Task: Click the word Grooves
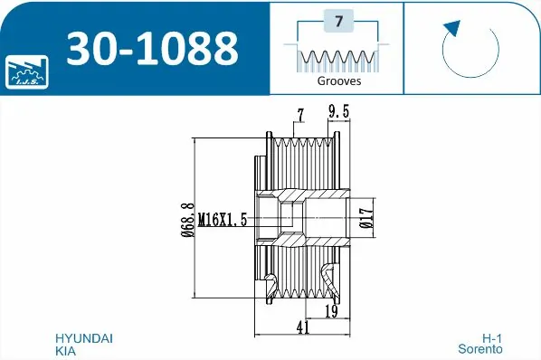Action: point(337,81)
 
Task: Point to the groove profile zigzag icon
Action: point(337,58)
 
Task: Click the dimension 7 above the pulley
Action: point(299,114)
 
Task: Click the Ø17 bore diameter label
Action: point(363,220)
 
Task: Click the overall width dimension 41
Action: point(302,328)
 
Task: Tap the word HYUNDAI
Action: point(84,337)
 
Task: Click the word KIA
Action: point(66,349)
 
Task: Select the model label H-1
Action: point(492,337)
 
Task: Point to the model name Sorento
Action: point(480,349)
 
